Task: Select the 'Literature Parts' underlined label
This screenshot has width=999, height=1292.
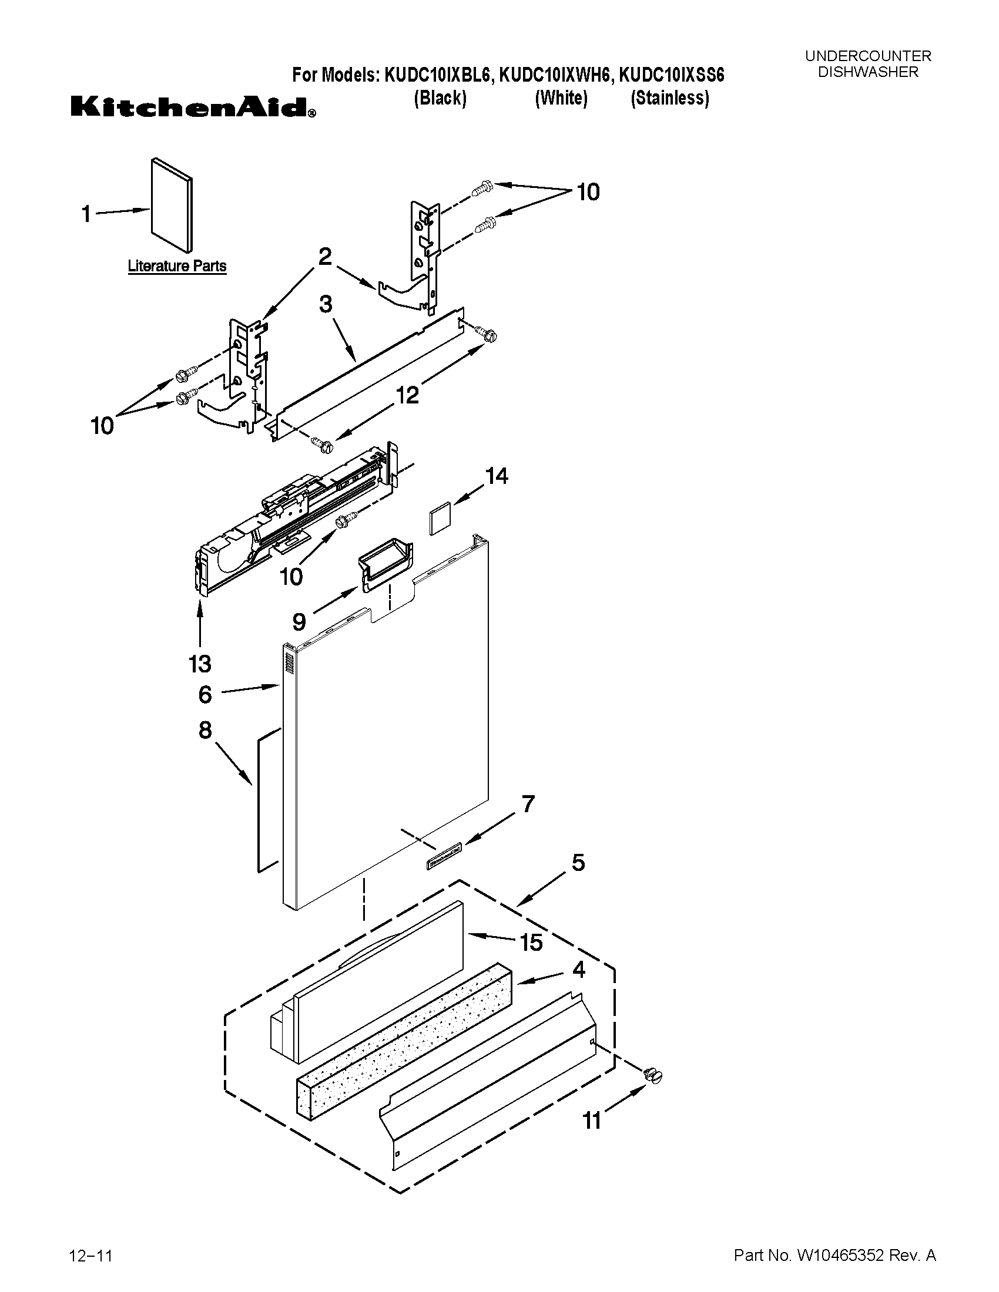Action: (177, 266)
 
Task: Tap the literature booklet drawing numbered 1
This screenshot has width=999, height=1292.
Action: (172, 204)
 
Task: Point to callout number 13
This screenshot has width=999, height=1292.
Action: (200, 664)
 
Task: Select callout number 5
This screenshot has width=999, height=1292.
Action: (578, 863)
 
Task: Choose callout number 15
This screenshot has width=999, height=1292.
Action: (531, 943)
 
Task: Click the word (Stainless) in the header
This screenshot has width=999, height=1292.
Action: (669, 98)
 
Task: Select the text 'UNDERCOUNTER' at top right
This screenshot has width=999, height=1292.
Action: (867, 56)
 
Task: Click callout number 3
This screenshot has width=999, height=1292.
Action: (326, 305)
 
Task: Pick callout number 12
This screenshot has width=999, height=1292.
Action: (408, 395)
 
